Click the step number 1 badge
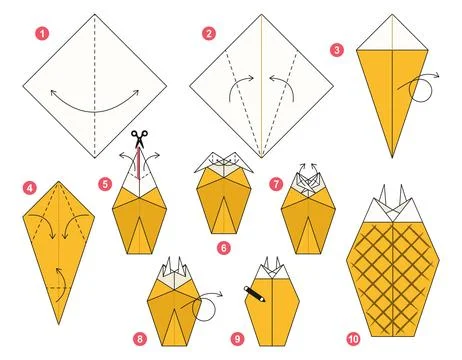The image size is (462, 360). pyautogui.click(x=42, y=33)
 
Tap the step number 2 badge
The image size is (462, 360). pyautogui.click(x=209, y=33)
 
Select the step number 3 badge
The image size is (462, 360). pyautogui.click(x=337, y=49)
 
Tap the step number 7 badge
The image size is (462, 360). pyautogui.click(x=277, y=184)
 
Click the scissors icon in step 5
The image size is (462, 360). pyautogui.click(x=139, y=141)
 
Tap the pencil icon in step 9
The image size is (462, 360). pyautogui.click(x=254, y=293)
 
